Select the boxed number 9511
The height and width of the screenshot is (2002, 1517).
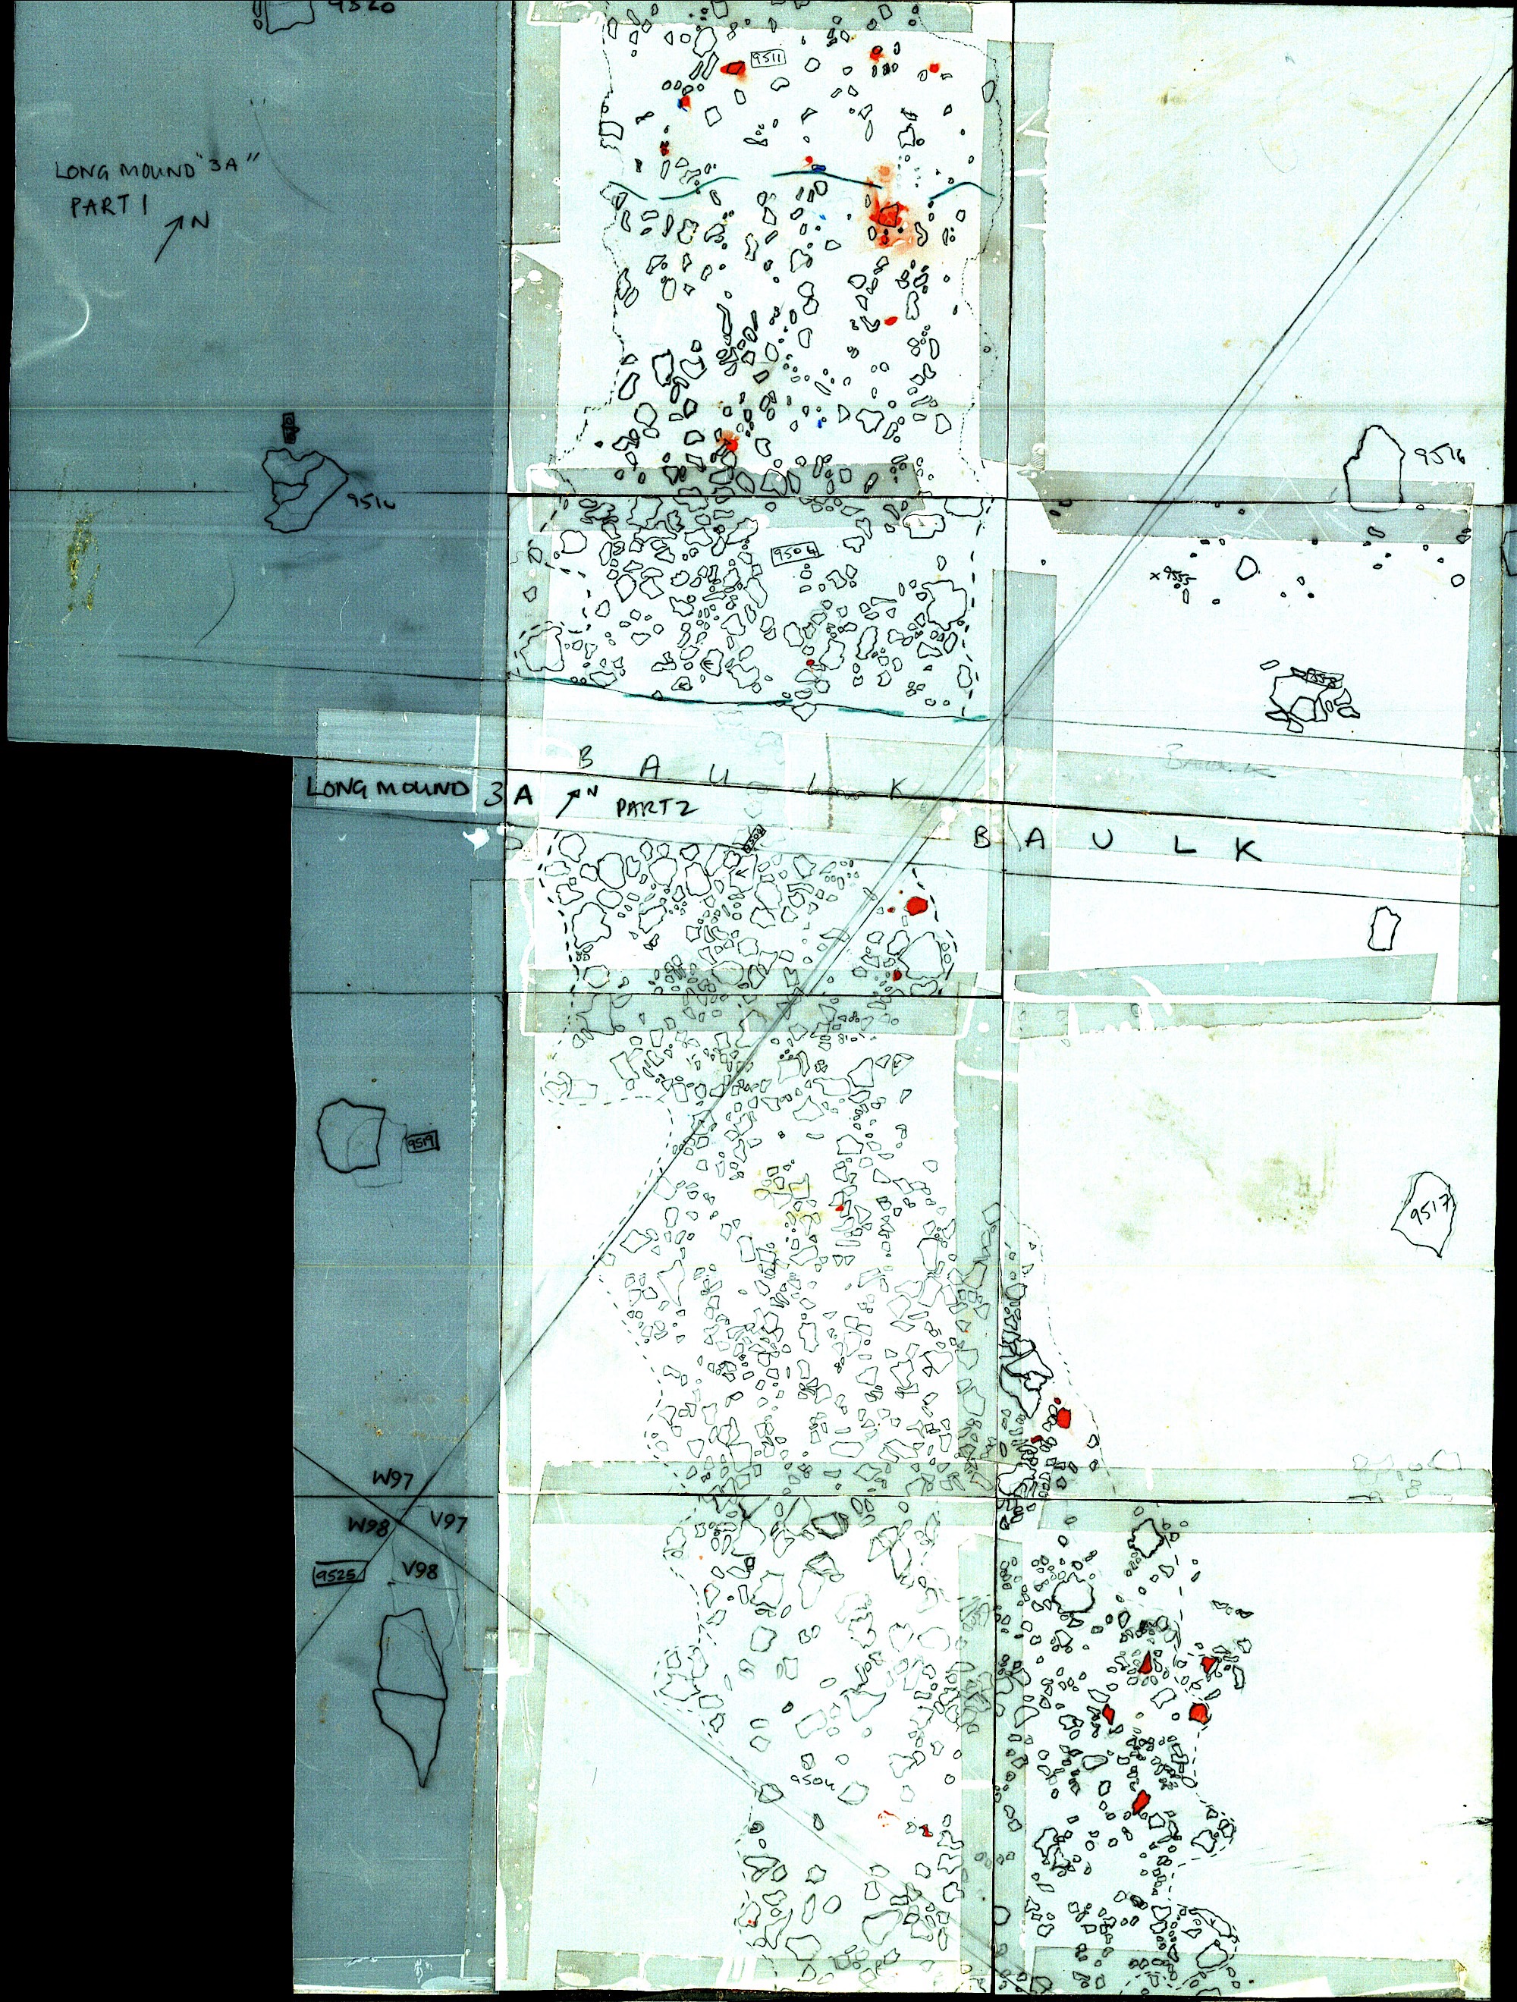coord(768,61)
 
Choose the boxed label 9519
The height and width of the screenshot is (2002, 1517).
coord(422,1142)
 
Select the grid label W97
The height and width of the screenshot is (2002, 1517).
coord(394,1481)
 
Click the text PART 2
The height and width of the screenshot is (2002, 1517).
coord(656,807)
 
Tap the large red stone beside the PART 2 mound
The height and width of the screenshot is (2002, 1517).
coord(917,904)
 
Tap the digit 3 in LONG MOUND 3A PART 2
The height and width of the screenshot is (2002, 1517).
coord(492,794)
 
